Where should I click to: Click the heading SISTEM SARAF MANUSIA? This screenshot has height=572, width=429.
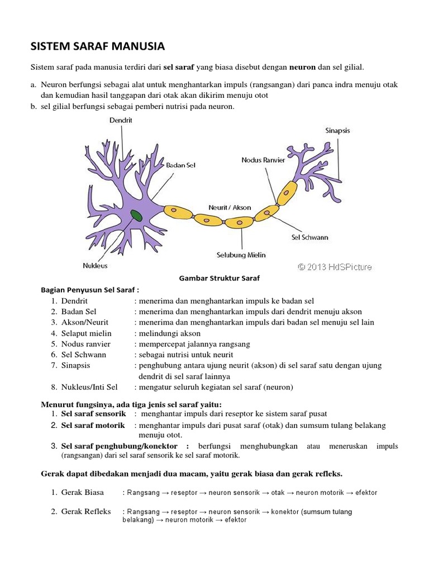pyautogui.click(x=98, y=46)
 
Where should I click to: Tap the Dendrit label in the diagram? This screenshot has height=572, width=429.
pyautogui.click(x=121, y=120)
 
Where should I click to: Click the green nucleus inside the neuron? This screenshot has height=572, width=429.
pyautogui.click(x=136, y=216)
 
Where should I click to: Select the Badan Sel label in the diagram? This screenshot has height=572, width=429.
pyautogui.click(x=180, y=165)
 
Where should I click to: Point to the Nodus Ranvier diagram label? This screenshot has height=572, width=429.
pyautogui.click(x=263, y=160)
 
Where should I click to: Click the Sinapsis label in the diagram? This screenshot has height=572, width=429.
pyautogui.click(x=337, y=131)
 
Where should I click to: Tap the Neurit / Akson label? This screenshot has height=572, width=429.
pyautogui.click(x=230, y=207)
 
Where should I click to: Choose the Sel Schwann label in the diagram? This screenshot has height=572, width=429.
pyautogui.click(x=310, y=237)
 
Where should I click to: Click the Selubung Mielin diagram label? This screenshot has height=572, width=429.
pyautogui.click(x=241, y=255)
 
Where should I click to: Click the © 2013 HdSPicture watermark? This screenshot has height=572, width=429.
pyautogui.click(x=335, y=267)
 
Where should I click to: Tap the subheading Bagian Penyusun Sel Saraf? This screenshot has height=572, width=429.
pyautogui.click(x=90, y=290)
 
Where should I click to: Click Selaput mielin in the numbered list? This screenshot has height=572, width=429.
pyautogui.click(x=86, y=333)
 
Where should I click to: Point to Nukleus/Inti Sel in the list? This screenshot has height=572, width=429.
pyautogui.click(x=89, y=387)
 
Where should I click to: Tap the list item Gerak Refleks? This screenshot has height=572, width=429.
pyautogui.click(x=86, y=511)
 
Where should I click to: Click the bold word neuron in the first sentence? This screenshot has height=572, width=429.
pyautogui.click(x=302, y=68)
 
